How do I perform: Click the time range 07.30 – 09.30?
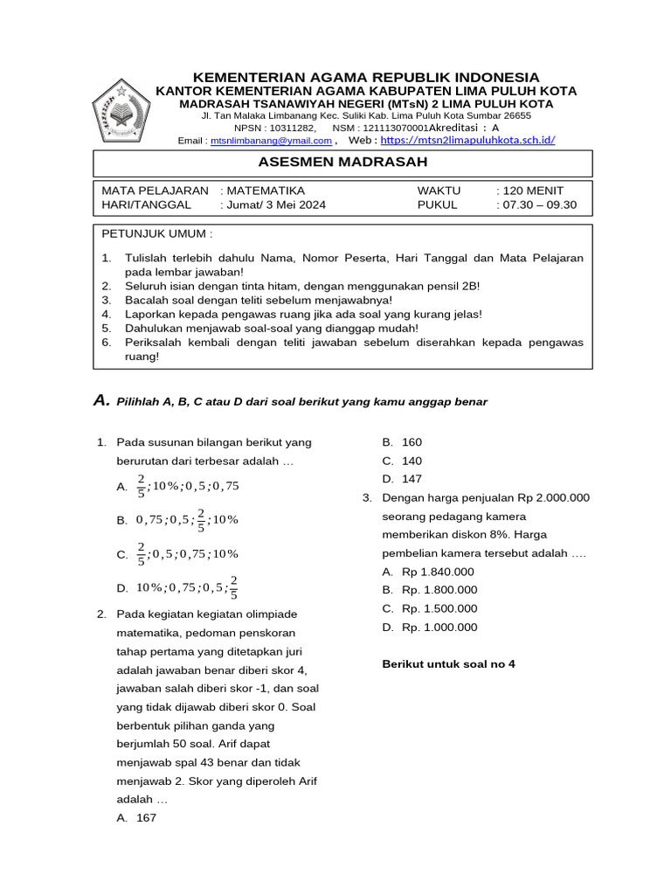(539, 206)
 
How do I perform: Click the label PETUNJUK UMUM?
(157, 234)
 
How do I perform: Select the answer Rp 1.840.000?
(438, 572)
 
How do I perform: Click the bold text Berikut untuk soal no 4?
(449, 663)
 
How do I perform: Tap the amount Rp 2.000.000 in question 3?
(553, 497)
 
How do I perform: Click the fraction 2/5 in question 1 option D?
(233, 587)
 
